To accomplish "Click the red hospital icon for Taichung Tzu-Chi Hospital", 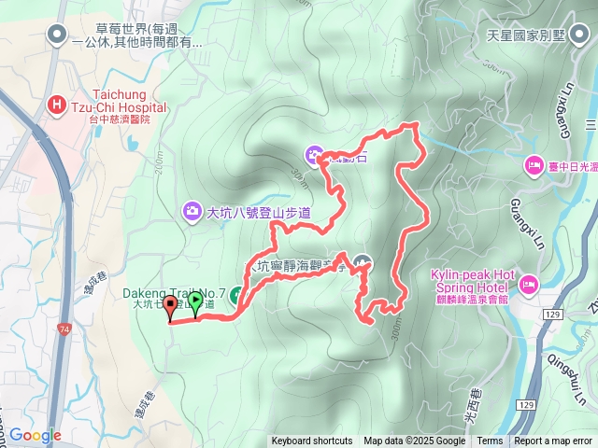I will point(57,105).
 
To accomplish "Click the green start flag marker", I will point(195,301).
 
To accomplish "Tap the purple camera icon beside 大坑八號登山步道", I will point(192,212).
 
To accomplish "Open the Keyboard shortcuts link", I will point(312,441).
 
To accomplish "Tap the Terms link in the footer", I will point(490,441).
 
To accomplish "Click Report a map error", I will point(553,441).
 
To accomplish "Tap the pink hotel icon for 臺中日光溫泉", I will point(534,165).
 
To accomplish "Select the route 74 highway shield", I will point(63,330).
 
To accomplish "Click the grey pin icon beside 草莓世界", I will point(58,35).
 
